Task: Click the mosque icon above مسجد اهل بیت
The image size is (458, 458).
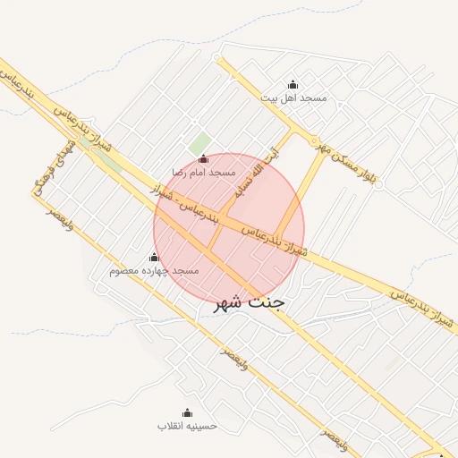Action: pyautogui.click(x=293, y=85)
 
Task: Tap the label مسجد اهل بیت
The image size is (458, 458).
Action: pyautogui.click(x=293, y=98)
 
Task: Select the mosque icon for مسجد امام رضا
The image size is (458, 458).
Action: pyautogui.click(x=203, y=158)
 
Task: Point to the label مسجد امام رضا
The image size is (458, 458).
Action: pyautogui.click(x=204, y=171)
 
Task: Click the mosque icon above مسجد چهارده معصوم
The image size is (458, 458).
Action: pyautogui.click(x=154, y=258)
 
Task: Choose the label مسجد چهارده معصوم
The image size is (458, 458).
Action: pyautogui.click(x=154, y=270)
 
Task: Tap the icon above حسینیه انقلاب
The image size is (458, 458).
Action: pyautogui.click(x=187, y=412)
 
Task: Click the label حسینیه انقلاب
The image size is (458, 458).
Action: pyautogui.click(x=187, y=426)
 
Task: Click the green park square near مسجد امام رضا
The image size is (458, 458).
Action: pyautogui.click(x=199, y=143)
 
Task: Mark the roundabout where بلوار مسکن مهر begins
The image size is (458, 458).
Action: pyautogui.click(x=315, y=140)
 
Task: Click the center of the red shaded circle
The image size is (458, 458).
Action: pyautogui.click(x=229, y=229)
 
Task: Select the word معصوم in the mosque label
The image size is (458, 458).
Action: pyautogui.click(x=126, y=270)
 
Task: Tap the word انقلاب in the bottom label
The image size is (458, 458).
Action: pyautogui.click(x=202, y=426)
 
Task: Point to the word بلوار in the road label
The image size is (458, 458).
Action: pyautogui.click(x=372, y=180)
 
